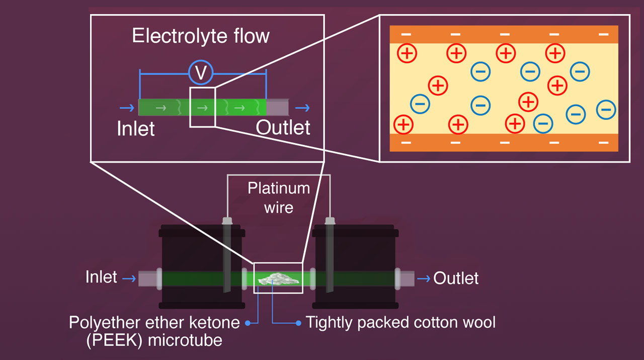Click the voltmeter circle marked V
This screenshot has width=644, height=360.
pyautogui.click(x=201, y=74)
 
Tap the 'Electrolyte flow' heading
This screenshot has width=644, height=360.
pyautogui.click(x=201, y=36)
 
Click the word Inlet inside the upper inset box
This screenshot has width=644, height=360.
pyautogui.click(x=136, y=128)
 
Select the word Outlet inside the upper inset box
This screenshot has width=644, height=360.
pyautogui.click(x=283, y=127)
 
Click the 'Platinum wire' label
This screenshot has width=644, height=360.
pyautogui.click(x=279, y=197)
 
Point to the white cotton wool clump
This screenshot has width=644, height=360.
pyautogui.click(x=278, y=278)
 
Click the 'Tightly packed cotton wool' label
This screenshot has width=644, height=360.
pyautogui.click(x=400, y=322)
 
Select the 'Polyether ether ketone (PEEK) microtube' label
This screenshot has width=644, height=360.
pyautogui.click(x=154, y=331)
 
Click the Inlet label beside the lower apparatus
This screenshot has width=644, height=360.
pyautogui.click(x=101, y=277)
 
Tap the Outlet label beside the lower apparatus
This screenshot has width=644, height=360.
pyautogui.click(x=456, y=278)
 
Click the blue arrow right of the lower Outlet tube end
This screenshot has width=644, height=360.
pyautogui.click(x=424, y=278)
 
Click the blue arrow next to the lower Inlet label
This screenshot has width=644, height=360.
pyautogui.click(x=129, y=278)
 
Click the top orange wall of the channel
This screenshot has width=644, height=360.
pyautogui.click(x=504, y=34)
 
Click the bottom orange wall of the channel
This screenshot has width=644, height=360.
pyautogui.click(x=504, y=142)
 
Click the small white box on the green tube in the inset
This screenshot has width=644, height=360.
pyautogui.click(x=202, y=107)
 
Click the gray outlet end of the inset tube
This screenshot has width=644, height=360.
pyautogui.click(x=278, y=107)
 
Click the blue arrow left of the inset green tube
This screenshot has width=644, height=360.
pyautogui.click(x=126, y=108)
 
